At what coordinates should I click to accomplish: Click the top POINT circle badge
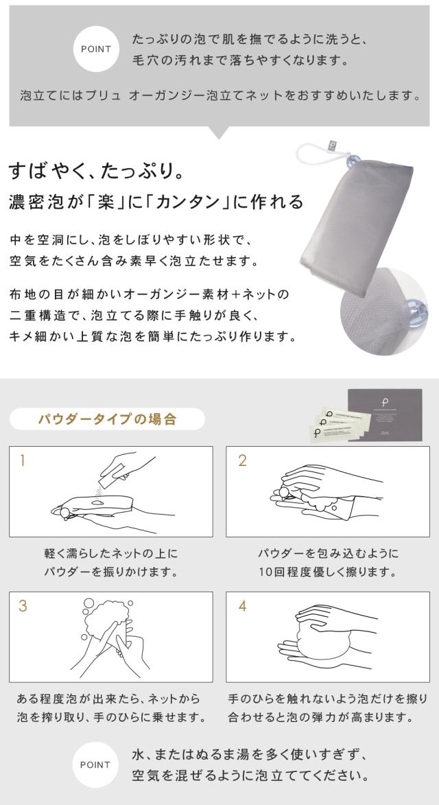[96, 49]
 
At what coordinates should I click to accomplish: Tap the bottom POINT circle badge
[95, 765]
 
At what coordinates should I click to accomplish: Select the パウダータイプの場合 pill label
[107, 419]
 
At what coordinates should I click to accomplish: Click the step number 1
[22, 460]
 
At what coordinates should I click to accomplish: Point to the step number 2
[242, 460]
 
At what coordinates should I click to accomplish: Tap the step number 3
[23, 606]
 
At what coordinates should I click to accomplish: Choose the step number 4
[242, 606]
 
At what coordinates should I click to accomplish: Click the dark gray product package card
[385, 415]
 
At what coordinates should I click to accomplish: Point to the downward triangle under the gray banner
[219, 133]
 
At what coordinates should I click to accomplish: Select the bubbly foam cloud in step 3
[107, 618]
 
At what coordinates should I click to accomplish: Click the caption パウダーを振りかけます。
[110, 572]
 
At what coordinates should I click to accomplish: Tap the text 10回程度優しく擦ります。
[328, 572]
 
